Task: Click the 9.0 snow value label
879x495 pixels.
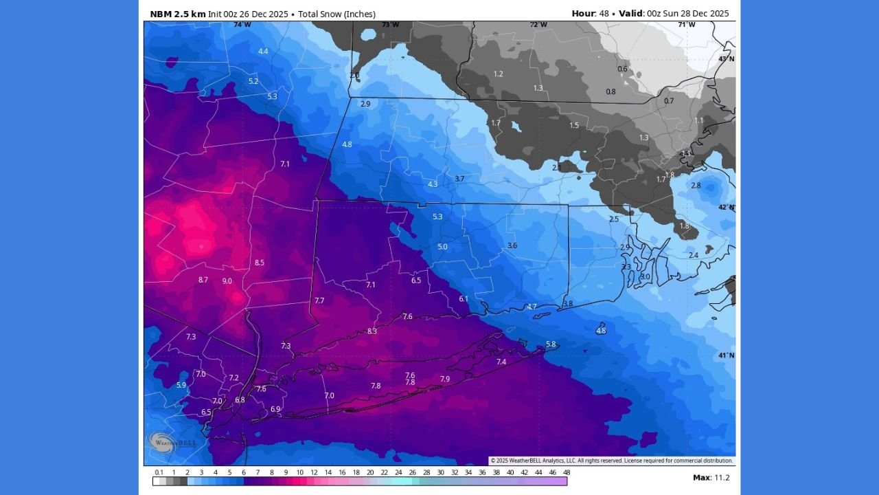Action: click(x=227, y=280)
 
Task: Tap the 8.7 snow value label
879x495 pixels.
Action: click(x=203, y=280)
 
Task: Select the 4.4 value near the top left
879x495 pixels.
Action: click(x=263, y=52)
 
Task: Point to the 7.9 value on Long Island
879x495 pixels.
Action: click(x=445, y=379)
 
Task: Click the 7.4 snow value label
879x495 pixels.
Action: click(x=501, y=362)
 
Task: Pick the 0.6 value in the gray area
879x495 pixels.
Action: click(x=622, y=69)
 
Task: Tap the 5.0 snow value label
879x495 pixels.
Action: click(x=442, y=247)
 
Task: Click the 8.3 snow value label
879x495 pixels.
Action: click(x=372, y=331)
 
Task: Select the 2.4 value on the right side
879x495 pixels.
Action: click(x=694, y=255)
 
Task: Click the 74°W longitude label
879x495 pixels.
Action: click(x=242, y=25)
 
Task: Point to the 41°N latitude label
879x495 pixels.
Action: click(x=726, y=355)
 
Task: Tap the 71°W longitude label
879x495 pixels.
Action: click(x=686, y=25)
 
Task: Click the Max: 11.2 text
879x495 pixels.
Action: click(x=711, y=478)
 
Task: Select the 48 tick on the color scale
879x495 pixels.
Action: click(x=567, y=472)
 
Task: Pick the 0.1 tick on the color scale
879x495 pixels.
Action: click(x=159, y=472)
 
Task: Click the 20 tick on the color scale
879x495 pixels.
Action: click(x=370, y=472)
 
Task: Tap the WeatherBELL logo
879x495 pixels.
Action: click(x=173, y=441)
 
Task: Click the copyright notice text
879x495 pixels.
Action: click(x=611, y=461)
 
